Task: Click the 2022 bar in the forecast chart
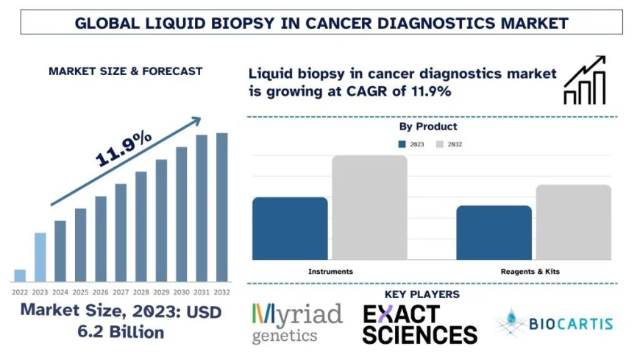tap(20, 275)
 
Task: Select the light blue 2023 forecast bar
tap(40, 257)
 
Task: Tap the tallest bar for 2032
tap(221, 207)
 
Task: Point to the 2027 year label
tap(121, 292)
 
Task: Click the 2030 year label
tap(181, 292)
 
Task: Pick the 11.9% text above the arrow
tap(124, 149)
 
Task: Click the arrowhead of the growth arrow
tap(195, 121)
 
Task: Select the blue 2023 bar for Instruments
tap(290, 228)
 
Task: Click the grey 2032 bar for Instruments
tap(369, 207)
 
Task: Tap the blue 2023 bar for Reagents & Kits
tap(494, 232)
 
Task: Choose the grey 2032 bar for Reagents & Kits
tap(573, 222)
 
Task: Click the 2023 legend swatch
tap(403, 144)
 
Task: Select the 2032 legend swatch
tap(441, 144)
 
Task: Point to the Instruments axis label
tap(330, 272)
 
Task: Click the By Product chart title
tap(427, 127)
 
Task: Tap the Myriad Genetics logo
tap(297, 323)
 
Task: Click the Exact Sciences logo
tap(419, 324)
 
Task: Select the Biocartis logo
tap(554, 323)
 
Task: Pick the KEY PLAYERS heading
tap(422, 294)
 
